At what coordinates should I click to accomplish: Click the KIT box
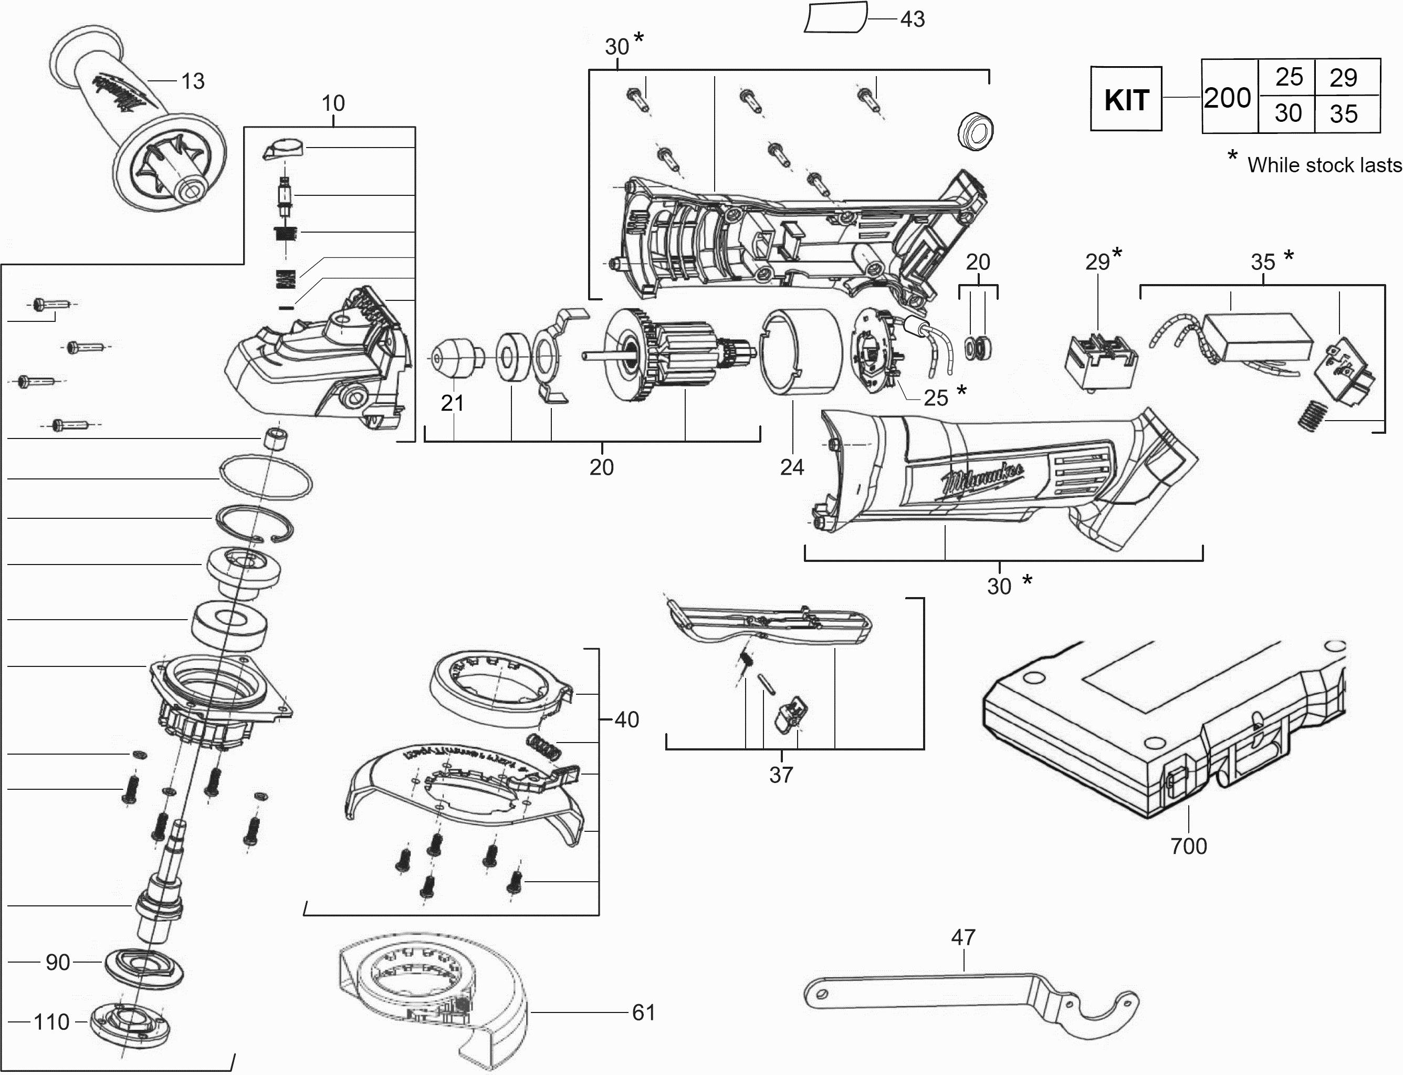(1125, 99)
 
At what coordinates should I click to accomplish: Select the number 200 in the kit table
(1227, 98)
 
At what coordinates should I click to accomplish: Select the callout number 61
(643, 1013)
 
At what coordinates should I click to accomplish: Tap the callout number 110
(51, 1022)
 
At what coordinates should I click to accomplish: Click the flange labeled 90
(144, 966)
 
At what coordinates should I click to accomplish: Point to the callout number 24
(791, 468)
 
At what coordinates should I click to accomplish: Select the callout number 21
(452, 403)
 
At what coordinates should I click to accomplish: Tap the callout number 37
(780, 775)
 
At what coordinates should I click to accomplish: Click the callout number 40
(627, 720)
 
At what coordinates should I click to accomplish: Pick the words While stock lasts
(1324, 165)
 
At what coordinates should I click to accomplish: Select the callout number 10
(333, 103)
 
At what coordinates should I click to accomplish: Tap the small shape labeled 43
(835, 17)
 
